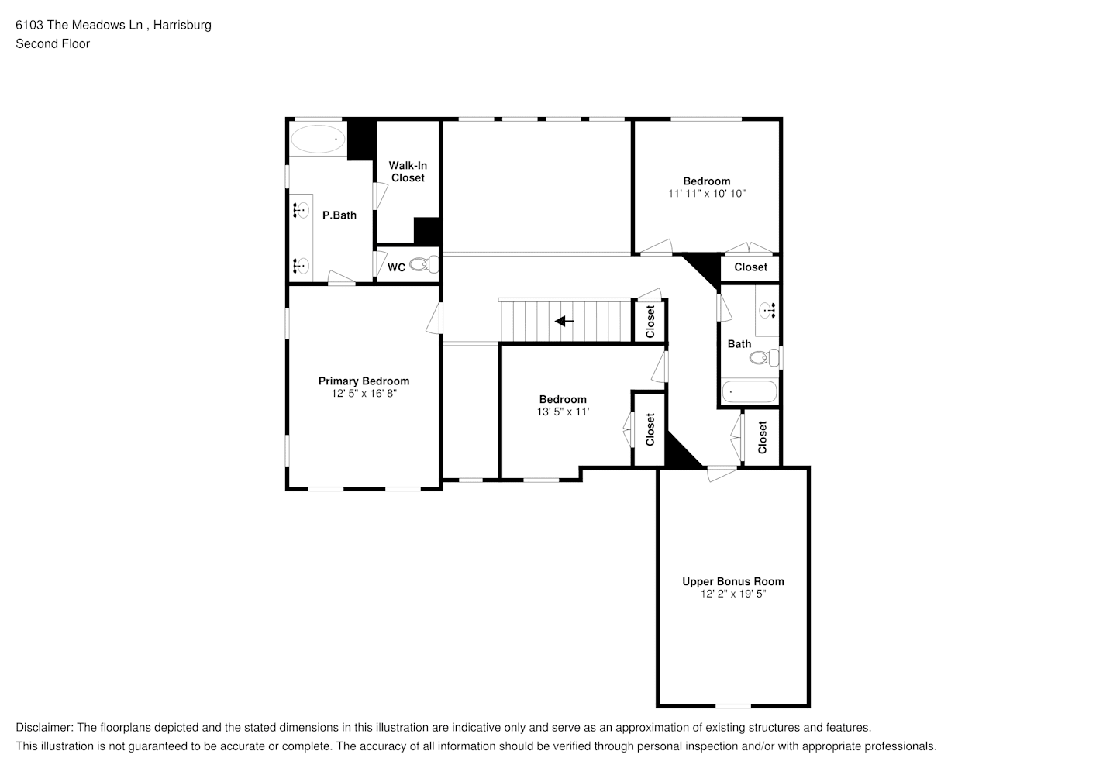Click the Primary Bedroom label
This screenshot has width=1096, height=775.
pos(364,381)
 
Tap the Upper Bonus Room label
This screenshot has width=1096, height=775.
pos(733,582)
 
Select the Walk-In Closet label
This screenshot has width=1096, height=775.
pos(408,172)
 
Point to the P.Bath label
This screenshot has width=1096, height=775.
pos(339,215)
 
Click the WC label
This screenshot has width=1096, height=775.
pos(396,267)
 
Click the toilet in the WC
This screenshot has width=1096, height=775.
pos(424,264)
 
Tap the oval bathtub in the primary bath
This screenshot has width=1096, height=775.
pos(318,139)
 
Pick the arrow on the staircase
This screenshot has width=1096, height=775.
pos(564,322)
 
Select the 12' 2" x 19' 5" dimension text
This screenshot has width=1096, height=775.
pos(733,594)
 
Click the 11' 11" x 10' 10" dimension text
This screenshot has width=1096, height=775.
pos(707,194)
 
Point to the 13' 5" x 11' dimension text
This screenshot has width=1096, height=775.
pos(563,412)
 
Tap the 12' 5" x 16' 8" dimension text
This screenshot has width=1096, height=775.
pos(364,394)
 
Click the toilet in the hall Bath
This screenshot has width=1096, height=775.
pos(764,357)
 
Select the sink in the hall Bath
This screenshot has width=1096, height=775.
pos(767,310)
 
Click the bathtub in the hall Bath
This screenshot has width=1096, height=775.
pos(749,392)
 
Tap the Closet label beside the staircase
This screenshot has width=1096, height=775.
pos(650,322)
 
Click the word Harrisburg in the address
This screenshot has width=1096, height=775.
pos(182,26)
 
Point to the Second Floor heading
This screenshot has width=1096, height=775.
pos(53,44)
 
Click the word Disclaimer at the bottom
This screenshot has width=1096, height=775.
pos(44,728)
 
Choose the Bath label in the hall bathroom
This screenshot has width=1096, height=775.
pos(739,344)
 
